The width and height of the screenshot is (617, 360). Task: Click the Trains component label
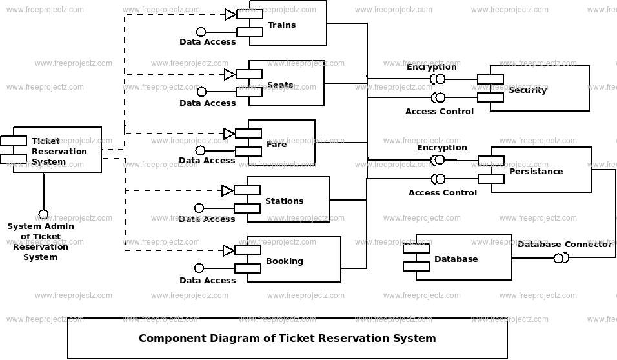[x=281, y=25]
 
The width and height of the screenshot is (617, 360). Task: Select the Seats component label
[x=280, y=85]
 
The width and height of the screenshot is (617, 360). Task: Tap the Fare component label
[x=276, y=145]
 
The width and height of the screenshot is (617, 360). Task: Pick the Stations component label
[x=284, y=201]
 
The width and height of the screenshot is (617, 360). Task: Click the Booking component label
[x=284, y=261]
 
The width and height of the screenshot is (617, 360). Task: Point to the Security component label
[x=527, y=90]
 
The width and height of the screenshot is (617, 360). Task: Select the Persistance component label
[x=536, y=172]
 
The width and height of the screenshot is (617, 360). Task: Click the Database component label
[x=456, y=259]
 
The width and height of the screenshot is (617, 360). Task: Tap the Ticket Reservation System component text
[x=59, y=152]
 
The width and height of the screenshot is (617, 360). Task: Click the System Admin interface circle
[x=43, y=214]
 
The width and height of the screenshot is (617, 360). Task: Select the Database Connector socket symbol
[x=560, y=259]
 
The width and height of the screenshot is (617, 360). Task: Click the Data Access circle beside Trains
[x=201, y=32]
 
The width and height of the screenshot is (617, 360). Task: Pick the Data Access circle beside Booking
[x=199, y=268]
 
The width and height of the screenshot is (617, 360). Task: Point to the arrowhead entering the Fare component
[x=229, y=134]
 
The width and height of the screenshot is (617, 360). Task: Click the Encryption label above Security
[x=431, y=67]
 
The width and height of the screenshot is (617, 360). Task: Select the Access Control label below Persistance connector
[x=442, y=193]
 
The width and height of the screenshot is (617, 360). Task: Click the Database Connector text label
[x=564, y=245]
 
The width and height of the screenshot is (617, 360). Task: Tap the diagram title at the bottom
[x=287, y=338]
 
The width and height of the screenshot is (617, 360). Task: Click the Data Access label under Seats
[x=207, y=103]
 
